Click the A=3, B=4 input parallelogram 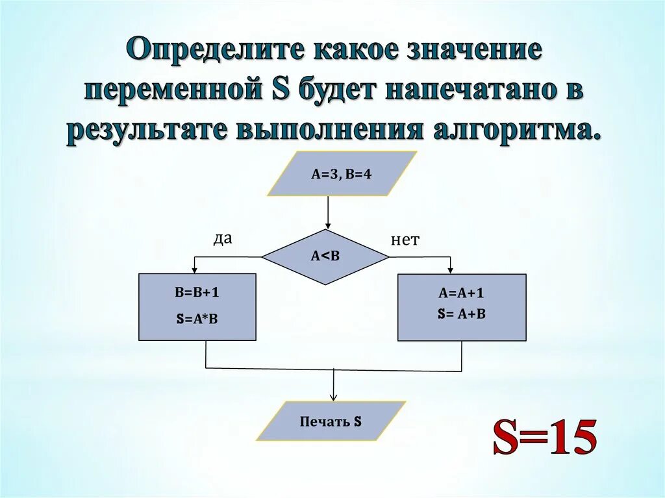coord(342,174)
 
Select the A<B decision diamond coord(325,256)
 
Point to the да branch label coord(223,239)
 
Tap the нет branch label coord(405,240)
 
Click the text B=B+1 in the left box coord(197,292)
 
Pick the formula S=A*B coord(197,319)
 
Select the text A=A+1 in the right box coord(461,293)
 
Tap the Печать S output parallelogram coord(331,421)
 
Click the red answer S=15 coord(544,439)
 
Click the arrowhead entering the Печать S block coord(333,397)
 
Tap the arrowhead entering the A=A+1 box coord(450,269)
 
